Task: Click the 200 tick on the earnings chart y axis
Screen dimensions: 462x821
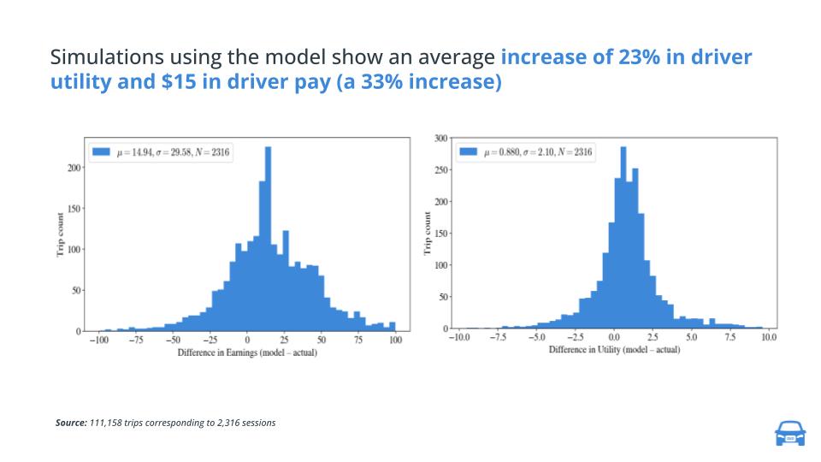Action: [74, 168]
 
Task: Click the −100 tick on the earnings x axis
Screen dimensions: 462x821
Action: [98, 341]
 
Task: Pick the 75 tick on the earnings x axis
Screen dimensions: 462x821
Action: [358, 341]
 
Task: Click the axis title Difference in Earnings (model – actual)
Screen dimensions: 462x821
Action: [247, 352]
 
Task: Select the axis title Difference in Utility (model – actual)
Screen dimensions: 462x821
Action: [614, 350]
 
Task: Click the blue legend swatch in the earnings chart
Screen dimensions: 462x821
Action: [102, 152]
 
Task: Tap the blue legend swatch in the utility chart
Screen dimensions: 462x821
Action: [468, 152]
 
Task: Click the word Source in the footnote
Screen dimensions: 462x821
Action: [70, 423]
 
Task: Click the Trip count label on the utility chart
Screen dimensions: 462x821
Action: [427, 232]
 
